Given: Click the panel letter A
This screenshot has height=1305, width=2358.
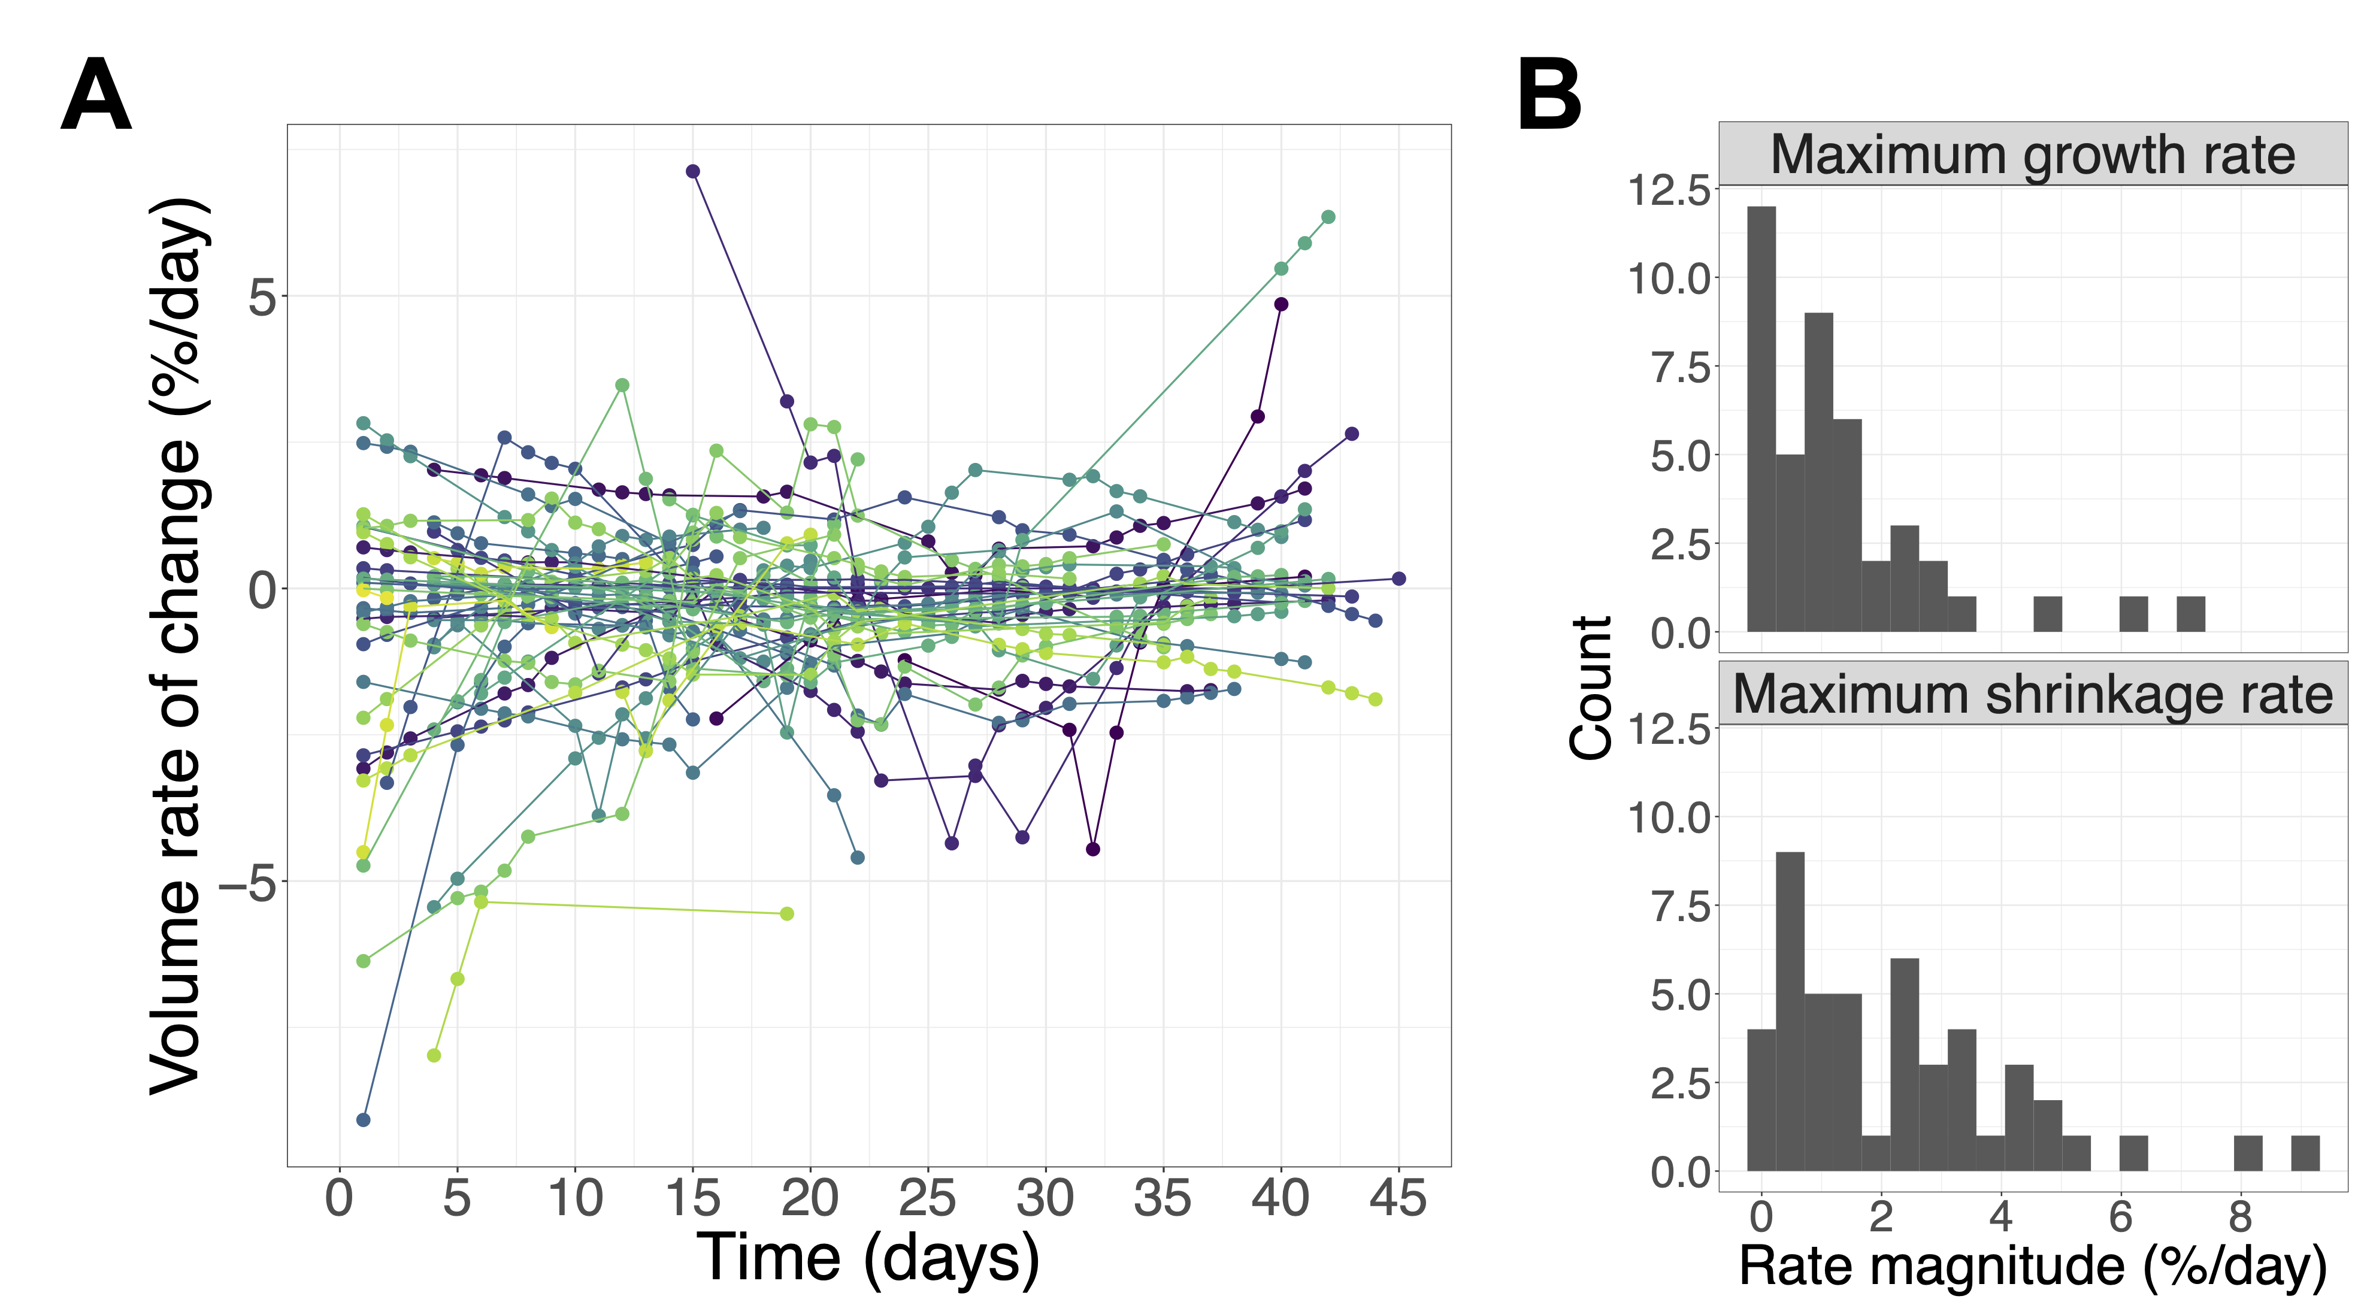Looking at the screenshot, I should point(96,95).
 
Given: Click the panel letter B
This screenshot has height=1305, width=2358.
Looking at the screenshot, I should point(1549,95).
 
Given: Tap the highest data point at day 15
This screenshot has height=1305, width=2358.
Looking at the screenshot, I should point(693,171).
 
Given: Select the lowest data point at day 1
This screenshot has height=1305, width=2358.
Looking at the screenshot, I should point(364,1119).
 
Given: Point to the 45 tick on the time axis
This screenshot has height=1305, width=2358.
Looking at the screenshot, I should point(1398,1198).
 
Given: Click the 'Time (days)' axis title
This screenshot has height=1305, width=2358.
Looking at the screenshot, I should point(868,1258).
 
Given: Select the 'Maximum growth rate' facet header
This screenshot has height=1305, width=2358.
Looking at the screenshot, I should point(2032,154).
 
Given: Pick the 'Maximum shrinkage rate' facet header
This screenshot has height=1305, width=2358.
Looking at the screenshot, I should point(2032,694).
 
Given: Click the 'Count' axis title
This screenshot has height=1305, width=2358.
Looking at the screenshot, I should point(1590,688).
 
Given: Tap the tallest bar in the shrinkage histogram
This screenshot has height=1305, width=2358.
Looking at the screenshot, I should point(1790,1011).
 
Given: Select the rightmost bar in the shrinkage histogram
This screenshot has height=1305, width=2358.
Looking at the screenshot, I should point(2305,1153).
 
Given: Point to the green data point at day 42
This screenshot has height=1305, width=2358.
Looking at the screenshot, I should point(1328,217).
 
